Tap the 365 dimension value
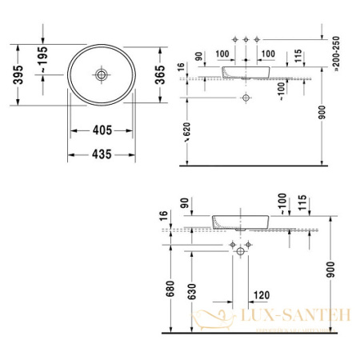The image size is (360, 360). pyautogui.click(x=160, y=74)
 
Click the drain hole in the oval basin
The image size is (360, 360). pyautogui.click(x=102, y=74)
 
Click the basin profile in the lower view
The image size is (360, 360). pyautogui.click(x=241, y=220)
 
